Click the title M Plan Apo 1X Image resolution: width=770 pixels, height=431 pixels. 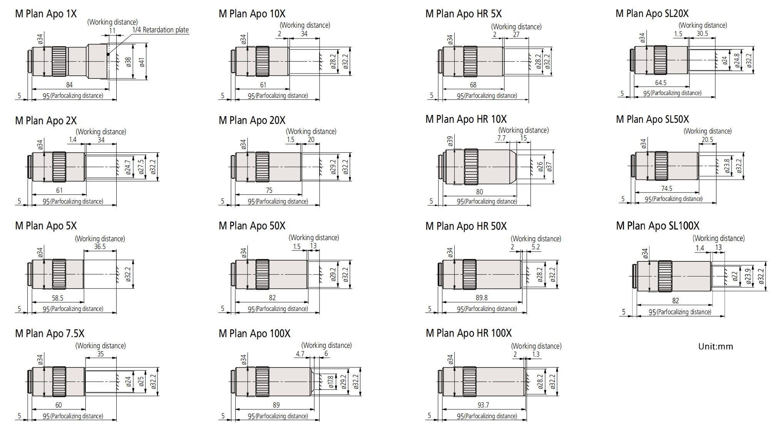[x=46, y=14]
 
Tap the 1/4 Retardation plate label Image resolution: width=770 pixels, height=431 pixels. [x=161, y=30]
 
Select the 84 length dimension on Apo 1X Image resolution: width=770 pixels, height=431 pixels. [x=69, y=85]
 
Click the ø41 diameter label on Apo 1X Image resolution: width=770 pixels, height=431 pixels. [x=142, y=62]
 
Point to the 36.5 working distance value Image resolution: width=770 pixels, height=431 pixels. [x=100, y=247]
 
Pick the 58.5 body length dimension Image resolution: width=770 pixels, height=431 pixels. [x=58, y=298]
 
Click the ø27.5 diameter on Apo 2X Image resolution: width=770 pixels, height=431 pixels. [x=141, y=167]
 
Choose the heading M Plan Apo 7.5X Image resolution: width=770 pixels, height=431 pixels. [x=50, y=334]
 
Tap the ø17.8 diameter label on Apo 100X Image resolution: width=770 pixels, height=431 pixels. [x=331, y=382]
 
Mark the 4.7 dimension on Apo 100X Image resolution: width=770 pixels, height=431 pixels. [x=300, y=354]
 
